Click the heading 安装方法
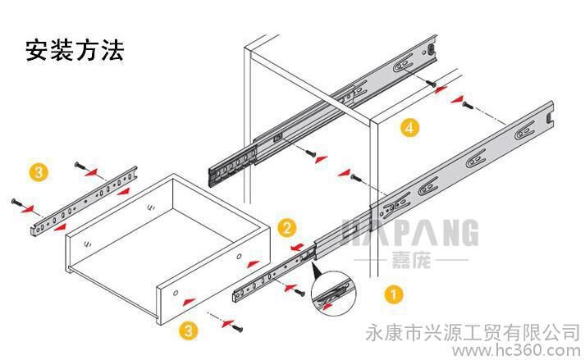point(75,51)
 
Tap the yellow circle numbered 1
point(395,293)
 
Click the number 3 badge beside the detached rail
point(38,172)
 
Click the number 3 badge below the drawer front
point(189,331)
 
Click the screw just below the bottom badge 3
point(238,327)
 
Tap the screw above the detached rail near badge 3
point(78,166)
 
